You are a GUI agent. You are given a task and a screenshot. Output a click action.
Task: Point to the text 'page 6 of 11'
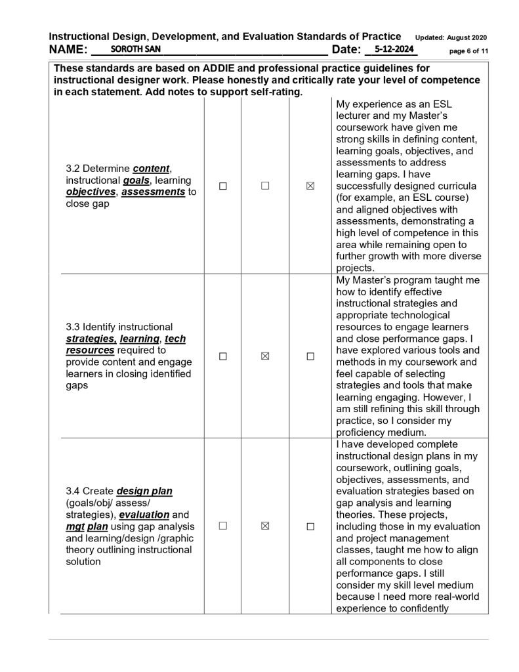tap(468, 51)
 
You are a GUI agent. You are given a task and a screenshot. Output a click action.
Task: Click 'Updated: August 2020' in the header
tap(451, 37)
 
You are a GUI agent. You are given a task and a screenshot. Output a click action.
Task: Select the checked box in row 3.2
tap(310, 186)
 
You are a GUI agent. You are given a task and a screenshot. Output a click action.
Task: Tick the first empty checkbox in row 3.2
tap(223, 186)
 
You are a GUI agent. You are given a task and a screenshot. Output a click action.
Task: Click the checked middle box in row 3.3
tap(266, 356)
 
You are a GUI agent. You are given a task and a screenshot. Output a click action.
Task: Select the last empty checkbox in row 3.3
tap(310, 356)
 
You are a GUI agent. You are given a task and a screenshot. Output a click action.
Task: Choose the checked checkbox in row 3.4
tap(266, 526)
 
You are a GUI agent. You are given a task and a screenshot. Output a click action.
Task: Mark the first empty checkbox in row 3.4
tap(223, 526)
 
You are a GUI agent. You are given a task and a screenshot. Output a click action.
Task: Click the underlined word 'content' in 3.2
tap(152, 169)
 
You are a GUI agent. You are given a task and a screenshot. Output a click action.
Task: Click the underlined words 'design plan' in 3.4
tap(144, 492)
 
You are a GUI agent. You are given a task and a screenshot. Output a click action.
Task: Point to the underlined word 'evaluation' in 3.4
tap(144, 515)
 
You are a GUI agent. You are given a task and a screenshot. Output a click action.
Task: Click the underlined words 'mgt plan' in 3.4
tap(88, 527)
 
